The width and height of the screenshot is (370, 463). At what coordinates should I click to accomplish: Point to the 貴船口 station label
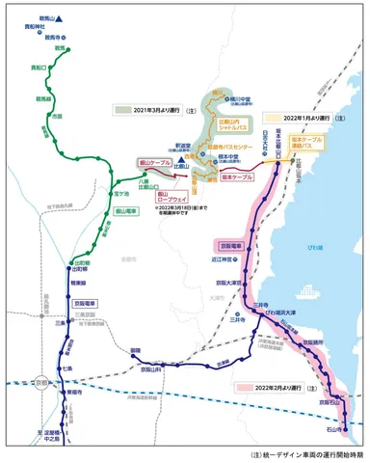(x=35, y=69)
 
